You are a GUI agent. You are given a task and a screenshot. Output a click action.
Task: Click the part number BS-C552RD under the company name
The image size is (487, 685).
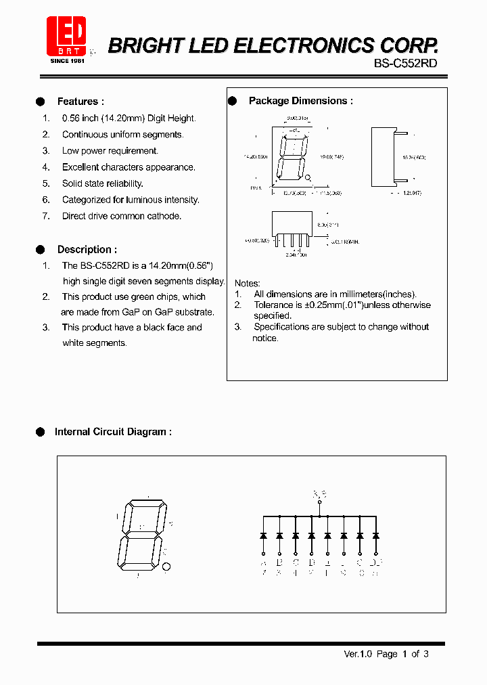(x=405, y=63)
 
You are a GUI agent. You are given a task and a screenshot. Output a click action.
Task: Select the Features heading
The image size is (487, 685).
(x=80, y=102)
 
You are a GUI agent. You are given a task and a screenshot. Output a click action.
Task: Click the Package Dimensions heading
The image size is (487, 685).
(x=300, y=101)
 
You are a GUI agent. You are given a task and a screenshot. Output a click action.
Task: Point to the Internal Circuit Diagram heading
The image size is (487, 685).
(x=113, y=432)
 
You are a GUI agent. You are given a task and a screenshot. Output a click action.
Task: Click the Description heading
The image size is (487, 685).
(x=87, y=250)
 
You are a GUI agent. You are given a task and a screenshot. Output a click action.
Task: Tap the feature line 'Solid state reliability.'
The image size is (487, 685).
(x=102, y=183)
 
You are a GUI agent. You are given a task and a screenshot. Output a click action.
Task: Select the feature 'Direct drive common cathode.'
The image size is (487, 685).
(x=122, y=216)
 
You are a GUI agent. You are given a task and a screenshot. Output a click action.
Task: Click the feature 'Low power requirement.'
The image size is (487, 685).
(x=110, y=151)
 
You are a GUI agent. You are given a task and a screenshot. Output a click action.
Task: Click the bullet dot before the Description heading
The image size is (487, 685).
(x=40, y=250)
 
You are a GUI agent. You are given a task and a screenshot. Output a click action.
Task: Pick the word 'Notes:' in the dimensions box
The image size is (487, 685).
(x=247, y=283)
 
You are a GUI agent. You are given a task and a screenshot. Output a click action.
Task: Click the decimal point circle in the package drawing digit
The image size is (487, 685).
(x=308, y=178)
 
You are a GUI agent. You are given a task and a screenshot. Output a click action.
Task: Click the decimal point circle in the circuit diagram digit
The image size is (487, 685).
(x=167, y=567)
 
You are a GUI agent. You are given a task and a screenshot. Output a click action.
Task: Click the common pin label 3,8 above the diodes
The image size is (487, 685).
(x=319, y=494)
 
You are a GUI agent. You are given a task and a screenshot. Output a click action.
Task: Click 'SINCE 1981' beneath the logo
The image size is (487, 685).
(x=66, y=61)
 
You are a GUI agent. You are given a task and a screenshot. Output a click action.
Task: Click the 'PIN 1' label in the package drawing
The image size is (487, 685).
(x=256, y=187)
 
